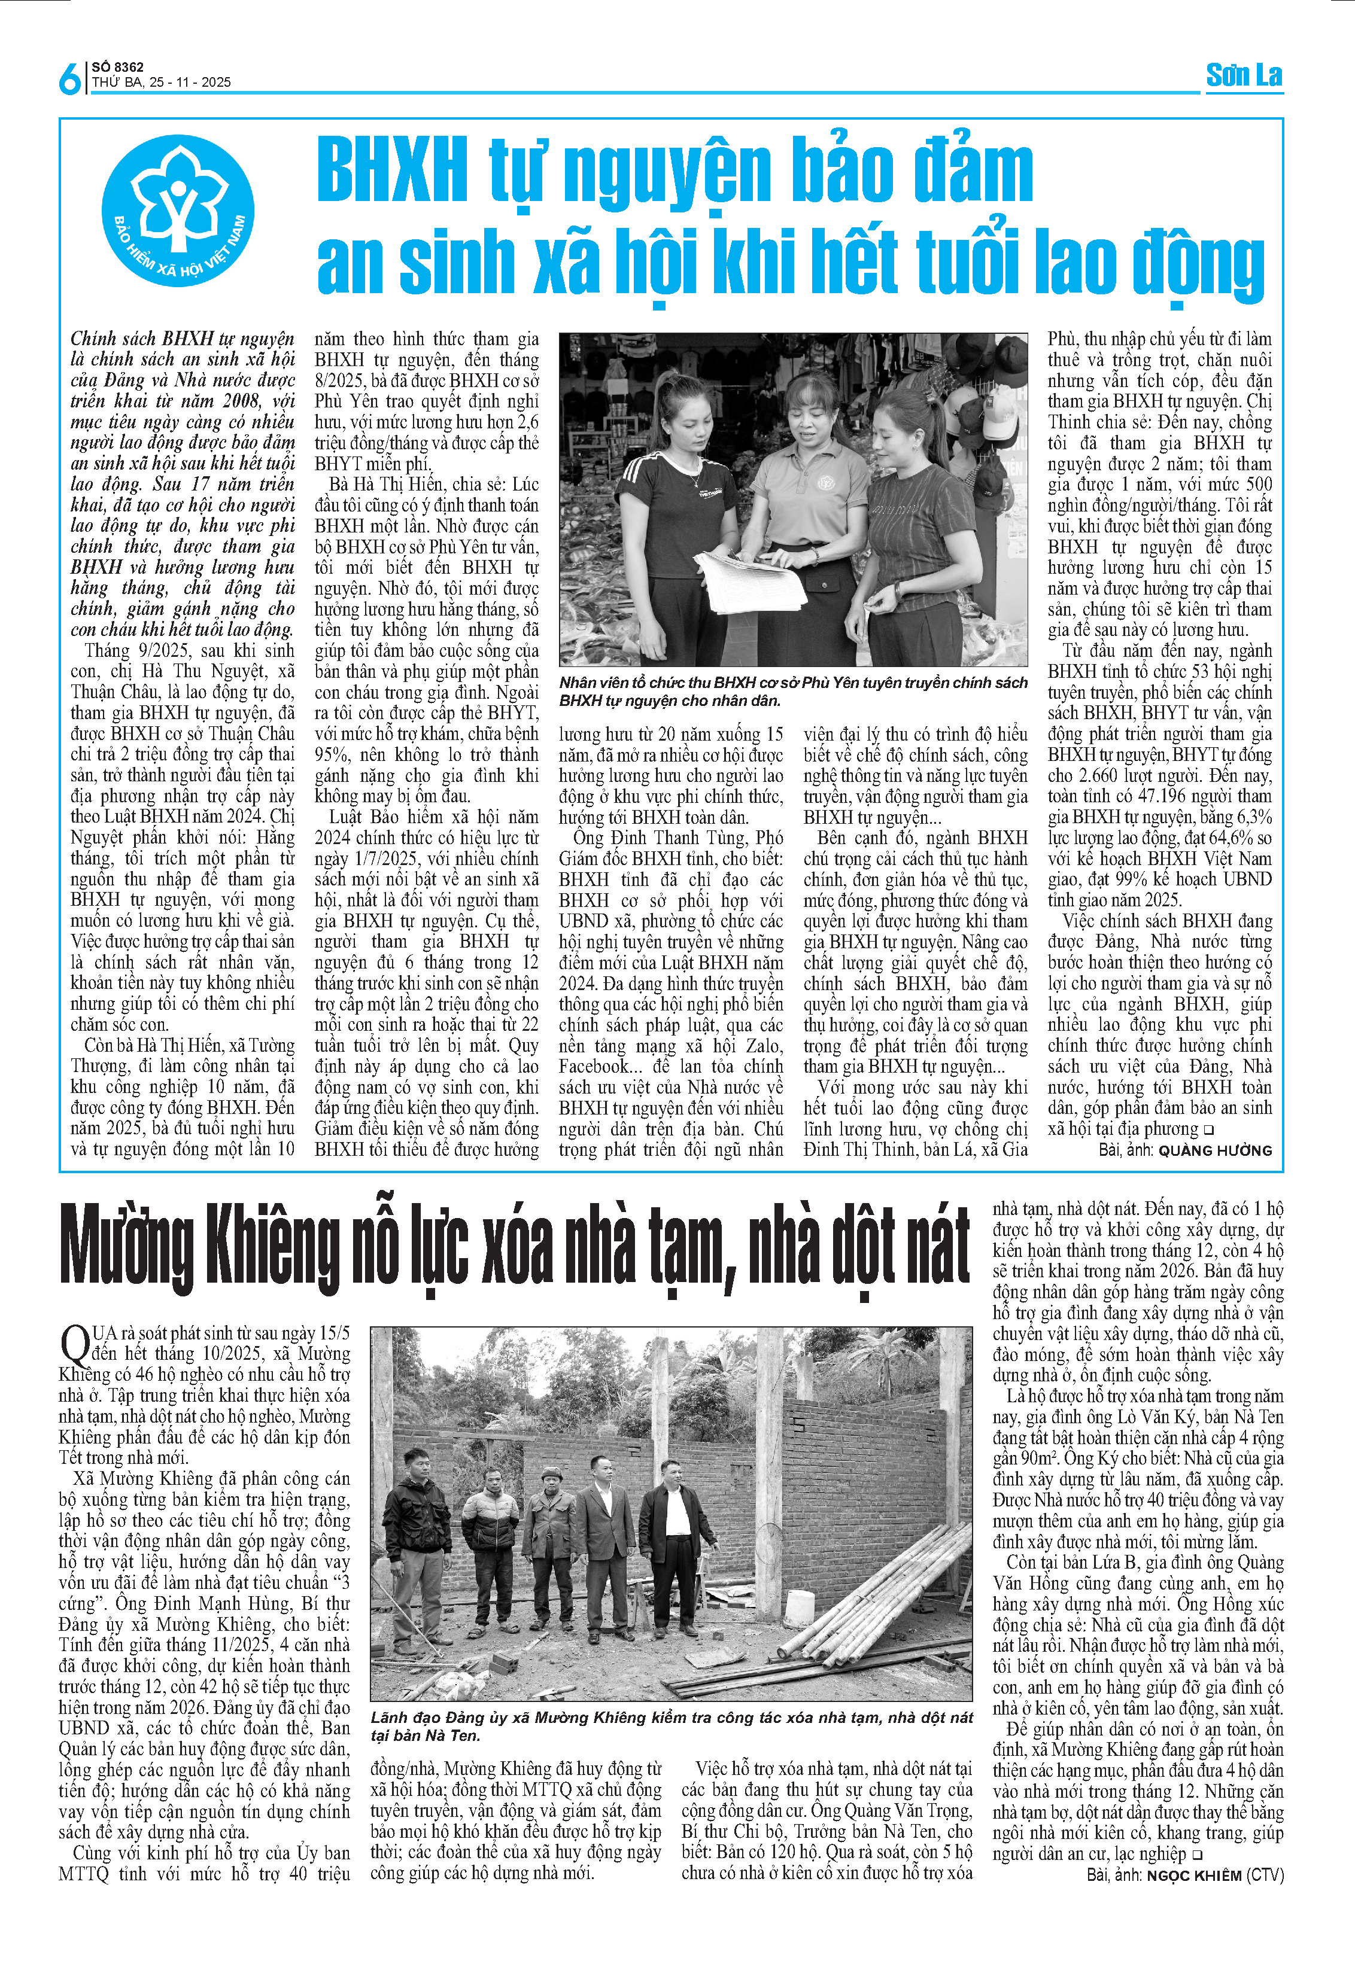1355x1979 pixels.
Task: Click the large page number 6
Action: tap(70, 78)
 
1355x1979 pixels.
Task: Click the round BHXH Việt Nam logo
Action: tap(179, 211)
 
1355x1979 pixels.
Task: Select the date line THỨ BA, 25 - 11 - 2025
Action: tap(161, 83)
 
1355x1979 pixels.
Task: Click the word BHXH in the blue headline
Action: tap(392, 171)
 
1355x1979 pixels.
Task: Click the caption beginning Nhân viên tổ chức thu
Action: tap(792, 692)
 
